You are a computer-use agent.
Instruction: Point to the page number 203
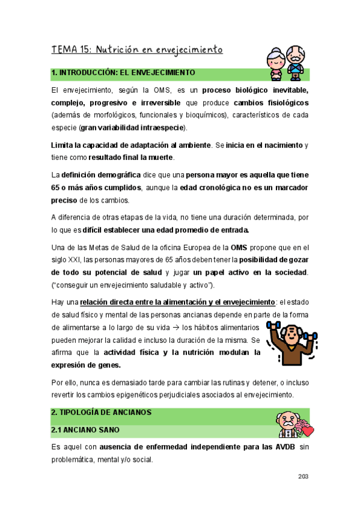(x=303, y=476)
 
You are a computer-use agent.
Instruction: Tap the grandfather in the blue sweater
(x=297, y=61)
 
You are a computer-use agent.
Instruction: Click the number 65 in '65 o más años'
(x=57, y=188)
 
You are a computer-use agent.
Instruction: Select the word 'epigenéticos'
(x=158, y=395)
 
